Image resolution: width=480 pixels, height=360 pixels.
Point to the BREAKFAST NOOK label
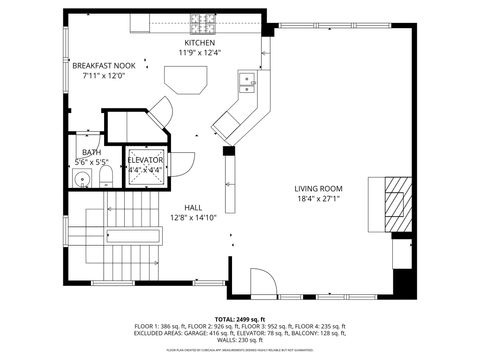click(x=103, y=65)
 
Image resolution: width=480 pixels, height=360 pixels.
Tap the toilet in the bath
click(x=105, y=179)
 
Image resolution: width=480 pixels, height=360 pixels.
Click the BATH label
click(x=92, y=152)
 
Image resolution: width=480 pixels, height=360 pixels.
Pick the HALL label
click(x=193, y=207)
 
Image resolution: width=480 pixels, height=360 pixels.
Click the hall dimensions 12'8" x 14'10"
click(x=193, y=217)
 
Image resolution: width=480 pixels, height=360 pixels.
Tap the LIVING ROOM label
click(x=318, y=188)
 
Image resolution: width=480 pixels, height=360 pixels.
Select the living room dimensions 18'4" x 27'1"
click(x=318, y=198)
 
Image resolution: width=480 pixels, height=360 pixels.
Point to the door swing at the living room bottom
click(x=259, y=283)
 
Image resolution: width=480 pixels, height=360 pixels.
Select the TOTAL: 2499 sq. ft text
click(x=240, y=316)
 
